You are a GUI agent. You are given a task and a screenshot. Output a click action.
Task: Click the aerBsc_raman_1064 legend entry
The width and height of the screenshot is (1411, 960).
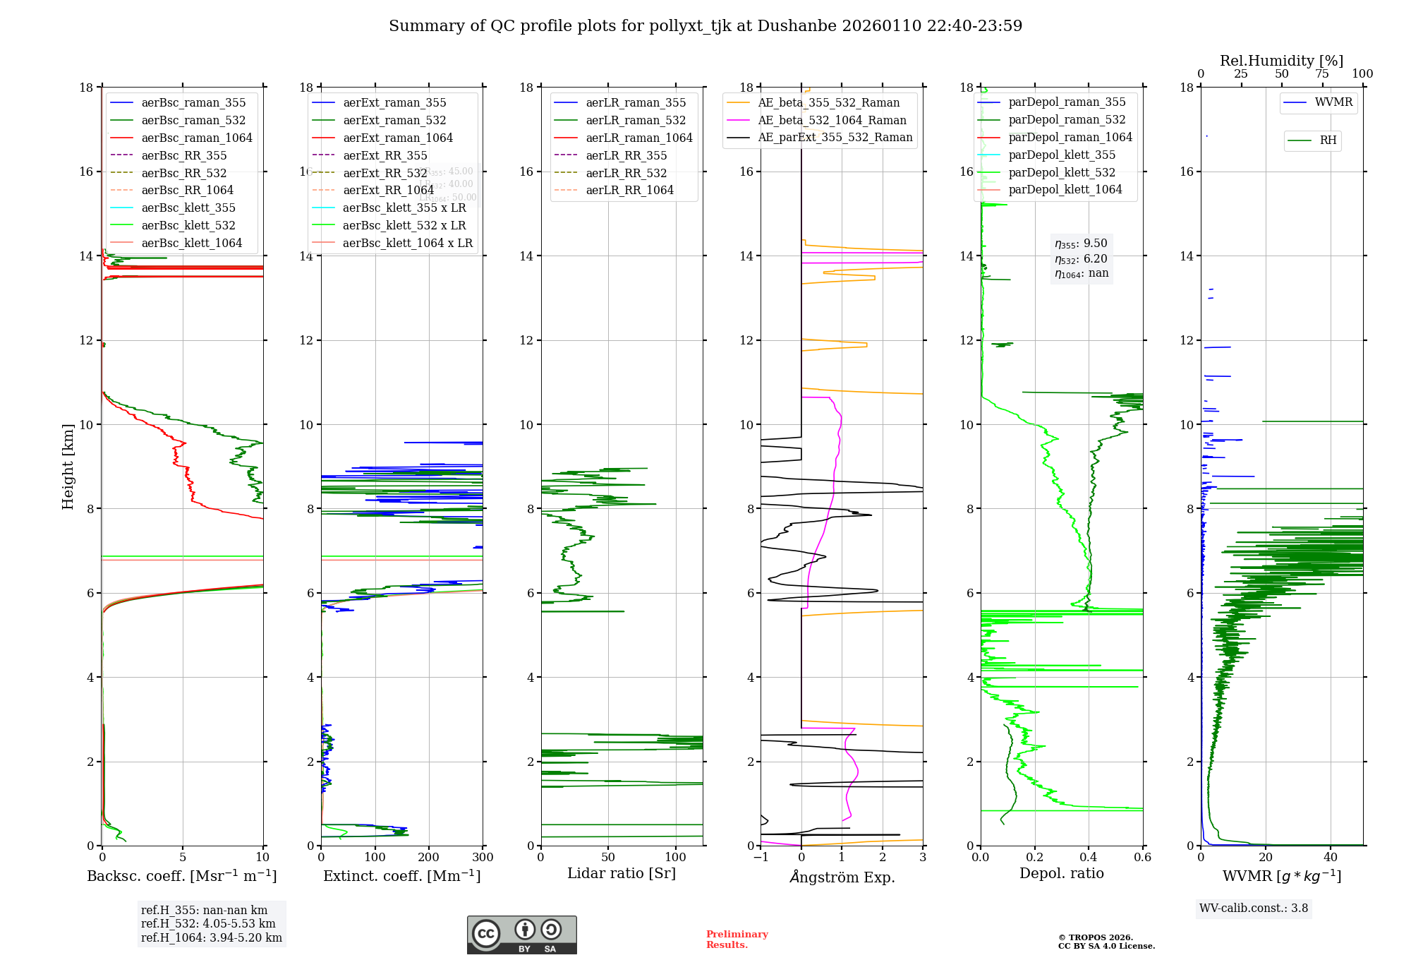tap(196, 138)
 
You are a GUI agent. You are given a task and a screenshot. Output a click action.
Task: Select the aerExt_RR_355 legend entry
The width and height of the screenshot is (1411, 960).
tap(384, 155)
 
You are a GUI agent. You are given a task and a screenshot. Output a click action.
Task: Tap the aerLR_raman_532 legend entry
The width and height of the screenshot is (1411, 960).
tap(635, 120)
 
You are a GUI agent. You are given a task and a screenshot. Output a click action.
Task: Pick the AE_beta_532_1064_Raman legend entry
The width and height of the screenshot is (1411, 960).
tap(832, 120)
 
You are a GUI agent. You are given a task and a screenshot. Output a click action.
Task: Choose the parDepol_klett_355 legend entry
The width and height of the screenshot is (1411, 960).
tap(1062, 155)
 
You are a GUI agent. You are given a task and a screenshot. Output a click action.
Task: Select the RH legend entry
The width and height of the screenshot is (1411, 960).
tap(1328, 140)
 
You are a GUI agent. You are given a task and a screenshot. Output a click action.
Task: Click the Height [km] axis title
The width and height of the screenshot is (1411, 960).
tap(68, 466)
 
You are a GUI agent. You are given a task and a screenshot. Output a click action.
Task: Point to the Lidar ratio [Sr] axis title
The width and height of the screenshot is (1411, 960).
tap(621, 873)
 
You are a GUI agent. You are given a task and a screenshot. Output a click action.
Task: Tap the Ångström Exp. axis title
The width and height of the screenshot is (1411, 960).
tap(842, 877)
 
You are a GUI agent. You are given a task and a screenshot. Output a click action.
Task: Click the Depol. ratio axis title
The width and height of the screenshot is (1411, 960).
tap(1061, 873)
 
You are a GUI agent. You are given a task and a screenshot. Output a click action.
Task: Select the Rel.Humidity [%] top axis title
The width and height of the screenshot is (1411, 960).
tap(1281, 61)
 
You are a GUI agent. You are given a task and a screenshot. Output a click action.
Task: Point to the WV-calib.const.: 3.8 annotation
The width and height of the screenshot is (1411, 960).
tap(1253, 908)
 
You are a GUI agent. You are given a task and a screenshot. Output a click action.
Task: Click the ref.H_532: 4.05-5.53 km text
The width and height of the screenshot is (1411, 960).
tap(208, 923)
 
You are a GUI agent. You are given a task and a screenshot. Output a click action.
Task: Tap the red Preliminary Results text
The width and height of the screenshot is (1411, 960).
tap(737, 939)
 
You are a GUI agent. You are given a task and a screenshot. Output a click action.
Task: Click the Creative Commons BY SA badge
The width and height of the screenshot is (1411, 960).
tap(521, 935)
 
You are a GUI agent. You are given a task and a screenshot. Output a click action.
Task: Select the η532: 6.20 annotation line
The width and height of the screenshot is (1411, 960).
tap(1081, 259)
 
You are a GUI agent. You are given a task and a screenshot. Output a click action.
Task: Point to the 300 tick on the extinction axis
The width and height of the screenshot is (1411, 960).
tap(483, 857)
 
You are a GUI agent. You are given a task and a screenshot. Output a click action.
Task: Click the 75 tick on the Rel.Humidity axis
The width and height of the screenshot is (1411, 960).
tap(1322, 73)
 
